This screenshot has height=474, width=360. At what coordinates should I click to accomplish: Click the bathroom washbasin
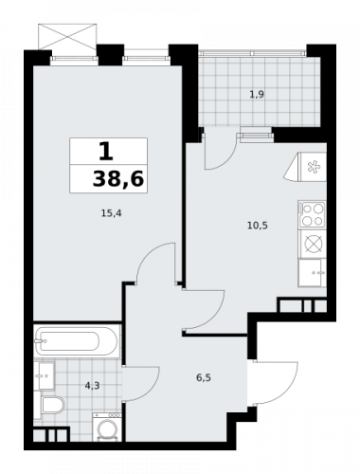(x=41, y=374)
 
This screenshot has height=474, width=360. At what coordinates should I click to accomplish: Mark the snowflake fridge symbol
(x=314, y=169)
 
